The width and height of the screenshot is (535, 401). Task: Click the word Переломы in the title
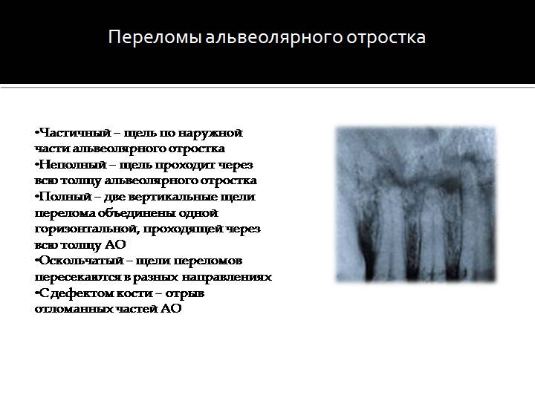point(155,38)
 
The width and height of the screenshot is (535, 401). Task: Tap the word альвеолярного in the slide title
point(273,38)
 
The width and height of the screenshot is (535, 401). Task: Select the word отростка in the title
point(386,38)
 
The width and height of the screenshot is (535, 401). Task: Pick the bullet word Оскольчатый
point(82,261)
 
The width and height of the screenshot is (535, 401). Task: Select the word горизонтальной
point(87,229)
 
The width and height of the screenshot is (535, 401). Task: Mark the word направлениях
point(227,278)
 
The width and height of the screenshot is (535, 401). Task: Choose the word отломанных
point(74,309)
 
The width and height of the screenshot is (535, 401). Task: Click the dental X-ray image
point(415,204)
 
